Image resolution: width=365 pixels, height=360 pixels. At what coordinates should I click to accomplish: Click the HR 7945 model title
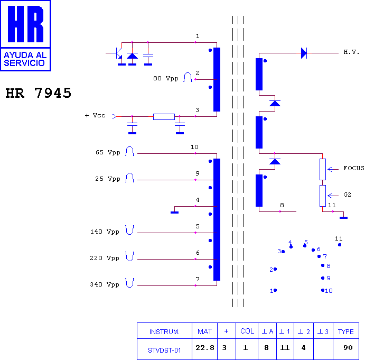point(38,93)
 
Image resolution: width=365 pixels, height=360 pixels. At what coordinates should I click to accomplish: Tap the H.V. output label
point(351,52)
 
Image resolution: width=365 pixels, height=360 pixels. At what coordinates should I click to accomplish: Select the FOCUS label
point(354,168)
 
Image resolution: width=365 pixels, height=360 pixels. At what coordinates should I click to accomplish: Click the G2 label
point(348,195)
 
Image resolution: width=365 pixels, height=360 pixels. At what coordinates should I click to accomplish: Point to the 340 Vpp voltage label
point(105,284)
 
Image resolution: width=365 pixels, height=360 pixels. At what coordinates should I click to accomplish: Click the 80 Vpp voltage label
point(166,78)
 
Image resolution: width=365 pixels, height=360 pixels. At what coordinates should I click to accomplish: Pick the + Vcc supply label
point(95,115)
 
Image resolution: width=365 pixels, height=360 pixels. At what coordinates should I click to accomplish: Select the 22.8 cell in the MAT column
point(204,348)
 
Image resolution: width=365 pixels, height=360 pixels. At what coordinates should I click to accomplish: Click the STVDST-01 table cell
point(164,350)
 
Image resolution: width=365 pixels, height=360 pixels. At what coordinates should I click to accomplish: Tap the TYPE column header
point(345,331)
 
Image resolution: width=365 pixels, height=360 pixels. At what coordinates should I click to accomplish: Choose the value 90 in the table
point(348,348)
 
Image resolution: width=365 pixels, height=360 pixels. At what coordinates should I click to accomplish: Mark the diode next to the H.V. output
point(304,53)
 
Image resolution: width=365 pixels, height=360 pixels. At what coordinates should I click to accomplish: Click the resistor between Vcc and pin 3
point(164,117)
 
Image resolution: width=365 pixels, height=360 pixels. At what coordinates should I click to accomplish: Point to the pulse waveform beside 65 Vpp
point(129,151)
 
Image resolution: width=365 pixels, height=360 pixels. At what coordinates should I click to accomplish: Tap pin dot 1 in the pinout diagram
point(275,290)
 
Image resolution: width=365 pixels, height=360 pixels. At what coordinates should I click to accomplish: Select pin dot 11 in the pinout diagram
point(340,245)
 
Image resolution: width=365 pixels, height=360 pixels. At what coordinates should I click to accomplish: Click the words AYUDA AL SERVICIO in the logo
point(25,59)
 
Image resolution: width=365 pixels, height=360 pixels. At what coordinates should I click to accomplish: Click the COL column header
point(247,331)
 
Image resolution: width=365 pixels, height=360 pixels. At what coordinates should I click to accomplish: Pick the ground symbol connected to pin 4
point(175,213)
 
